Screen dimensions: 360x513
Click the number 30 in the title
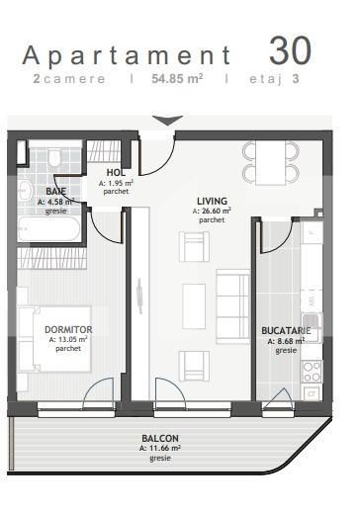(290, 50)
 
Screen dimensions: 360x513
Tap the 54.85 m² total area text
(177, 79)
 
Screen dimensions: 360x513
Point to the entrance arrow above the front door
(168, 121)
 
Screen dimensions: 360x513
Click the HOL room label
(116, 172)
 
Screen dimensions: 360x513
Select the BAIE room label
(55, 191)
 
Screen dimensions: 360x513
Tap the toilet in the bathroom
(53, 157)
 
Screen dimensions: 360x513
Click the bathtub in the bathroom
(48, 228)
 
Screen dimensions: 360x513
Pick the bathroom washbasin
(25, 190)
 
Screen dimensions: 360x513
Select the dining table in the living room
(270, 163)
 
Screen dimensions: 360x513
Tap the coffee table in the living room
(194, 306)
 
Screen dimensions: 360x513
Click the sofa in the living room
(233, 306)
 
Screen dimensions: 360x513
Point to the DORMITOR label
(68, 329)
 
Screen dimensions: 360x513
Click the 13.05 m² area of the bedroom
(68, 339)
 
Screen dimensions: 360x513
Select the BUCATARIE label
(286, 330)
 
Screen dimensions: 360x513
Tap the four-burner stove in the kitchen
(312, 372)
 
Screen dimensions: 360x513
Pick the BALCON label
(160, 439)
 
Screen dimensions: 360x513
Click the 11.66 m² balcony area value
(160, 449)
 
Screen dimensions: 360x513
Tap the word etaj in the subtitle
(266, 79)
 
